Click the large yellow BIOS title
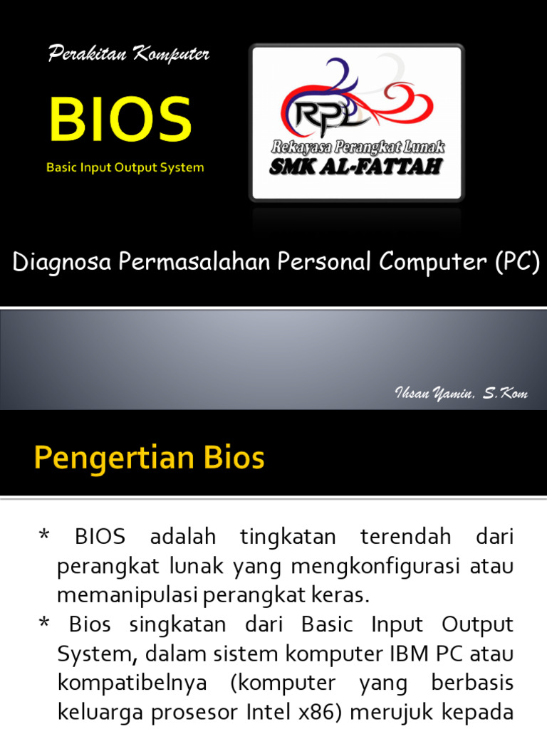tap(120, 119)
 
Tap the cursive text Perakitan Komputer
tap(129, 54)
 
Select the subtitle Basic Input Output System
tap(125, 168)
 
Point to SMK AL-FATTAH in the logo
tap(356, 167)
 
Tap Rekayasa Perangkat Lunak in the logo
tap(357, 147)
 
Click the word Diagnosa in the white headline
tap(62, 263)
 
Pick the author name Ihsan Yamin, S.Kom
tap(461, 393)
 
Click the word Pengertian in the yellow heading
tap(99, 458)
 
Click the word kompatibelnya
tap(132, 682)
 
